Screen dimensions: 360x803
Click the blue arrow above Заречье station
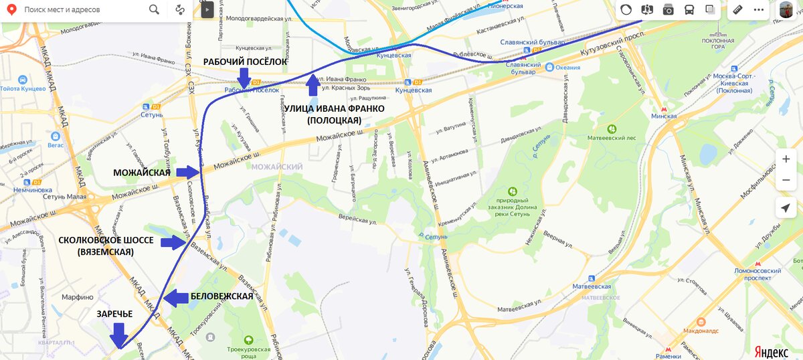pos(120,335)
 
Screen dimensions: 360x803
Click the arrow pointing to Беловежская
pos(176,298)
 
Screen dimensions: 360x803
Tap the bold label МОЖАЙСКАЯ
pos(141,173)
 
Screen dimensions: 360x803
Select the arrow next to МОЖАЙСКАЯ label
pos(188,173)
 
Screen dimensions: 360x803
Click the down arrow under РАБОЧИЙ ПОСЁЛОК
pos(244,77)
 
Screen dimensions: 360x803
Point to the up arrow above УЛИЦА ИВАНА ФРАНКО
pos(313,86)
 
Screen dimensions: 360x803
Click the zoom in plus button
pos(786,159)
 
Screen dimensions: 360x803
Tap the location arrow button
pos(786,208)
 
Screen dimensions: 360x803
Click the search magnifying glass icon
pos(154,10)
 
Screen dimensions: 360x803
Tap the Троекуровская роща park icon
pos(249,340)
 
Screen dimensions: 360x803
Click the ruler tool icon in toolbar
pos(739,10)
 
